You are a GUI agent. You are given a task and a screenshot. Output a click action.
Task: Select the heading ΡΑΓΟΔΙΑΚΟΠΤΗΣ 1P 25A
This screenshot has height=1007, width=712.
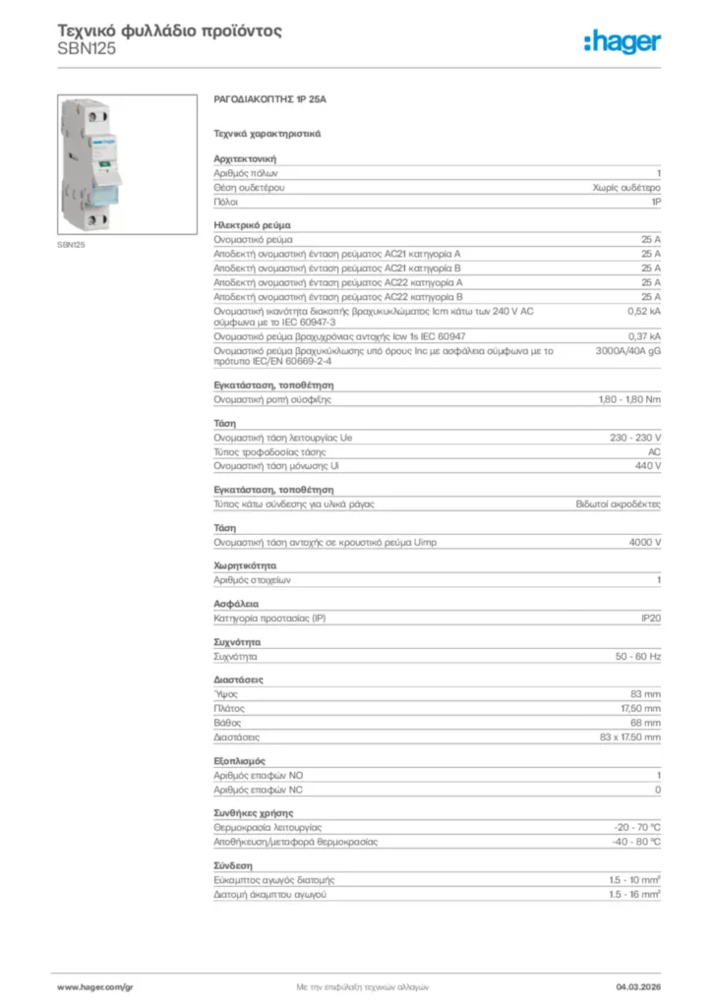pos(269,100)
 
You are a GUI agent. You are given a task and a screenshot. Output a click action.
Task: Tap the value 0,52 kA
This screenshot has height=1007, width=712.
pos(644,311)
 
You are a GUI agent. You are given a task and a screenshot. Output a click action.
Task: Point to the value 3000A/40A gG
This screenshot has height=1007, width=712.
pos(628,349)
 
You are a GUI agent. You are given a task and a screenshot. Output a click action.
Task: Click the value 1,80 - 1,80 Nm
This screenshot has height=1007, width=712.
pos(629,399)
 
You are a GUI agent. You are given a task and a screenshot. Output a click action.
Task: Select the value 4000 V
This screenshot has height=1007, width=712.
pos(644,542)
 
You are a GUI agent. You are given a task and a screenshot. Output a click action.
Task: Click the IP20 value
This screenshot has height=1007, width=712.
pos(650,618)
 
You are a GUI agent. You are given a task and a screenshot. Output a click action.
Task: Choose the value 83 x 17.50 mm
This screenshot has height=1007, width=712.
pos(629,736)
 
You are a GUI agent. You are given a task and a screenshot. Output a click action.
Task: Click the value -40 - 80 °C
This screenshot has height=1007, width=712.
pos(636,842)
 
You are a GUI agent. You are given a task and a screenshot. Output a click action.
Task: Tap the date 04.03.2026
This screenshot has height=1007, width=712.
pos(637,985)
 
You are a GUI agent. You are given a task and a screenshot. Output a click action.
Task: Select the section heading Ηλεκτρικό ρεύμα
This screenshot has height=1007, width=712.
pos(252,225)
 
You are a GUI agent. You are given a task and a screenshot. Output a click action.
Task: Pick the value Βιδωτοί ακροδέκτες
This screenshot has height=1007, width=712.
pos(618,503)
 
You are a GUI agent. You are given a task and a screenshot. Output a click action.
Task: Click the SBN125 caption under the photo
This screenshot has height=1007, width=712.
pos(71,243)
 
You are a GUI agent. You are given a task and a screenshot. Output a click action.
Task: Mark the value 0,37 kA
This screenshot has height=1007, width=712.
pos(644,335)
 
